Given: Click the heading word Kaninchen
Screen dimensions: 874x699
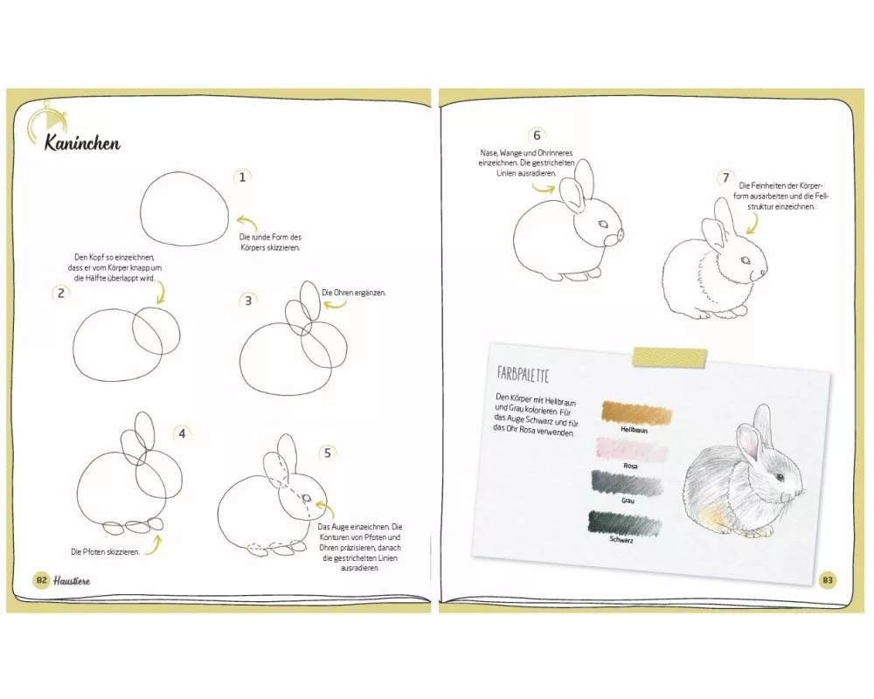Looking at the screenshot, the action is (82, 142).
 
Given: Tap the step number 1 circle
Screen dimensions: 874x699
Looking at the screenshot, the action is (242, 177).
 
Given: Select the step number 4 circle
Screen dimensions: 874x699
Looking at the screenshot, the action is (182, 433).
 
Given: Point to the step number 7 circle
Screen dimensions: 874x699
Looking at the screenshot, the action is (725, 178).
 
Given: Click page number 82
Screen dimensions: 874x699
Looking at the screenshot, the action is (41, 579).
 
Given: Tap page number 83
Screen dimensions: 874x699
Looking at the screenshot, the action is (828, 579).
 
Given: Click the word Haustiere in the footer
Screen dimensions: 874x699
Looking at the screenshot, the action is (72, 581).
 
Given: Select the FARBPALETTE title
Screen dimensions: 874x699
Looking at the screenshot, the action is (523, 375).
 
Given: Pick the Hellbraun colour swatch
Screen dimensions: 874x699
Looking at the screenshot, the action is (636, 413).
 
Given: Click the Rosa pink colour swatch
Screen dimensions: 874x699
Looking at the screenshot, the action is (632, 449).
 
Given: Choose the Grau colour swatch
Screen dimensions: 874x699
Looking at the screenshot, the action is (627, 482).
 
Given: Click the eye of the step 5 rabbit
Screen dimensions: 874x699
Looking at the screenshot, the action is (307, 498).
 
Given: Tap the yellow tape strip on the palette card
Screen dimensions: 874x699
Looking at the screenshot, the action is (669, 357).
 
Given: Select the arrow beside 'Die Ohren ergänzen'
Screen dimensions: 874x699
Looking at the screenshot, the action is (335, 304).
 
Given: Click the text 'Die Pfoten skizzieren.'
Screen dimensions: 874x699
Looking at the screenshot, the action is (106, 552).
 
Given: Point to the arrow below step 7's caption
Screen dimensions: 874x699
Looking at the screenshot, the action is (753, 224).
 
